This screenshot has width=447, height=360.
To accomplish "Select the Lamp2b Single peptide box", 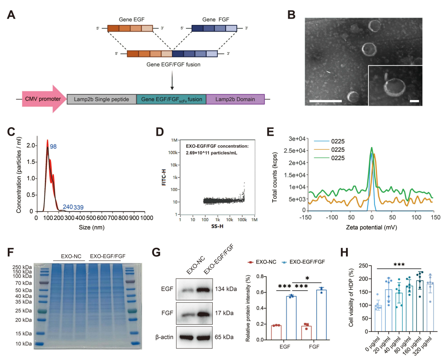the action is click(x=101, y=99).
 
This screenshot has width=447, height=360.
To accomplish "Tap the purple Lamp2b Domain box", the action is click(x=235, y=99).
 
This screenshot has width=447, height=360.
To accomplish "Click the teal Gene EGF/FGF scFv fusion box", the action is click(x=171, y=99).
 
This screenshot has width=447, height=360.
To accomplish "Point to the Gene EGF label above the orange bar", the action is click(x=132, y=19).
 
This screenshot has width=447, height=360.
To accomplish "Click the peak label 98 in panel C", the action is click(x=54, y=147).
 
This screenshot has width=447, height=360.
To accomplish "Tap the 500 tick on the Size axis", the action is click(x=91, y=218).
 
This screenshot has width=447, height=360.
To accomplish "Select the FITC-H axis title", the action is click(x=164, y=177).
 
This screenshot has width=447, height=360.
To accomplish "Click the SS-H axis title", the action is click(x=217, y=226).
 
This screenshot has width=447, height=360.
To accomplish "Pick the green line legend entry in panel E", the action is click(x=329, y=158).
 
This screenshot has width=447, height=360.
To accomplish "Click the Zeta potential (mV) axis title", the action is click(x=371, y=227).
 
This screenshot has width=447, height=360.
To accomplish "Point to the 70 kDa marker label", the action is click(x=24, y=283).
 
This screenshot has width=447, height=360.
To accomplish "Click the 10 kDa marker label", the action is click(x=24, y=344).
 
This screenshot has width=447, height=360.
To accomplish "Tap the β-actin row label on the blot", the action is click(x=164, y=337).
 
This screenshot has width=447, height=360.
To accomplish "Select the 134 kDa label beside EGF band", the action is click(x=226, y=289).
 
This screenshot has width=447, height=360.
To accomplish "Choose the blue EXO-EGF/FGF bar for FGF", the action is click(x=321, y=315).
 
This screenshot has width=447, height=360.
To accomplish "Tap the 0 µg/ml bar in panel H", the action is click(x=378, y=319).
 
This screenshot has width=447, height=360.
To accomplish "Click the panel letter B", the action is click(x=291, y=15).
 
